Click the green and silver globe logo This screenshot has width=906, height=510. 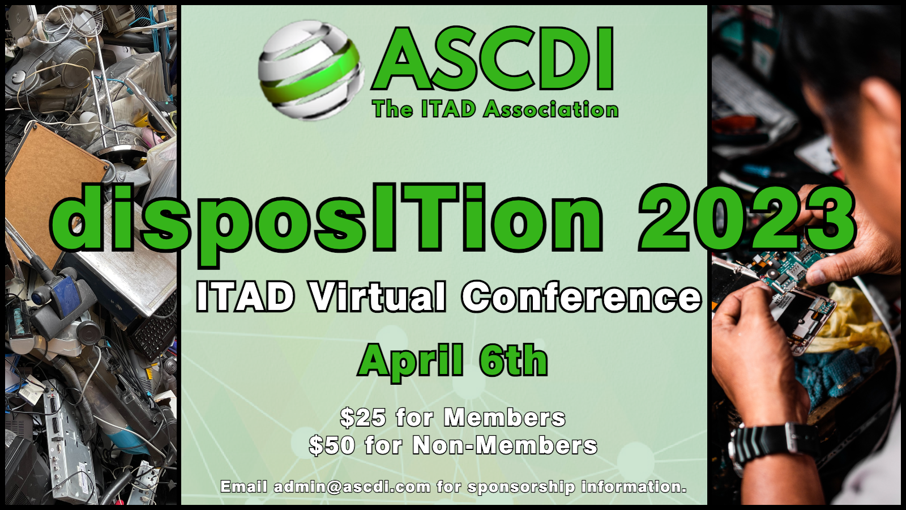311,70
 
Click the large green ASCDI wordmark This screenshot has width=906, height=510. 493,59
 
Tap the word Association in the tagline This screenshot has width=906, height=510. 551,109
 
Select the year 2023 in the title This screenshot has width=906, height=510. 747,219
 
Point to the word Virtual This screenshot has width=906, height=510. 378,296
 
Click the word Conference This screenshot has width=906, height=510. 582,296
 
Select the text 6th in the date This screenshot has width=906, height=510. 514,359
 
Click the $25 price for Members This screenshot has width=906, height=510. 363,417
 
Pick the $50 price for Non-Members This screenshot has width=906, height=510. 332,445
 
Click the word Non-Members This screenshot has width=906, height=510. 505,445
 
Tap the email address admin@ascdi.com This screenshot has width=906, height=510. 352,487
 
